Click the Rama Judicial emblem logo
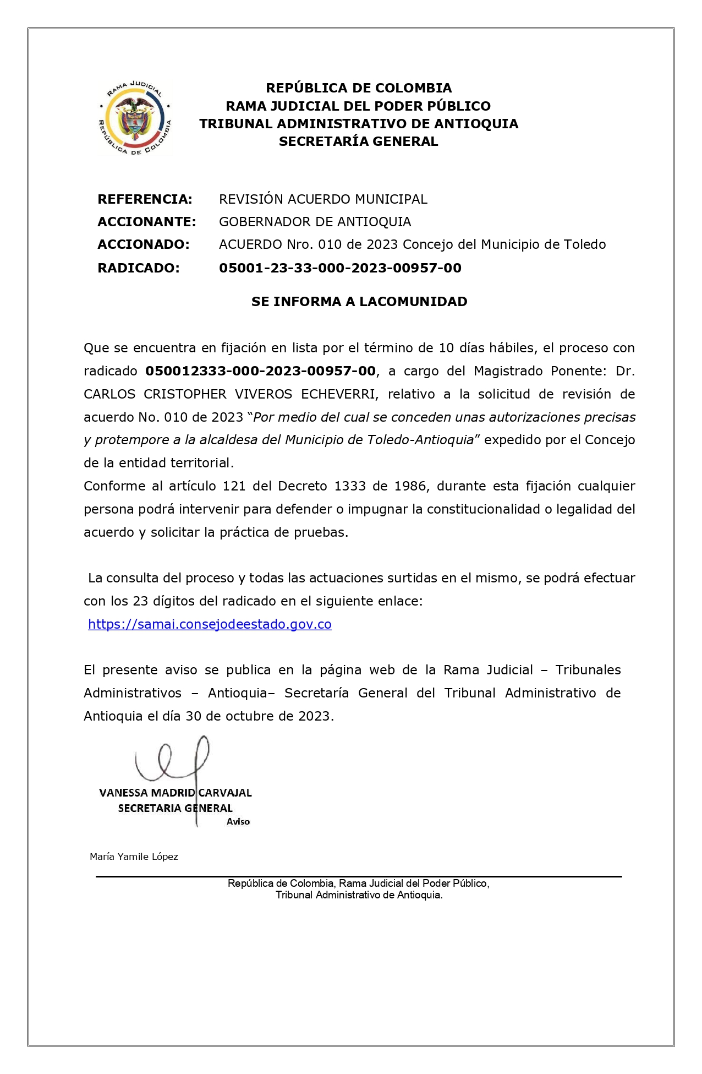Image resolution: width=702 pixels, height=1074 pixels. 134,118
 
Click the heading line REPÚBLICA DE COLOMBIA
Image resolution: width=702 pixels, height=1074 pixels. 359,88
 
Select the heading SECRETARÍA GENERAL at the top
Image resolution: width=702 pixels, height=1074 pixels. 358,141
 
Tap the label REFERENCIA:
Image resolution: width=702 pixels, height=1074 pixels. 145,199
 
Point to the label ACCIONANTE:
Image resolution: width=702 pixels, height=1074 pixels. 146,222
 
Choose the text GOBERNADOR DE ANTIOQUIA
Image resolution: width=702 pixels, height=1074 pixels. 315,222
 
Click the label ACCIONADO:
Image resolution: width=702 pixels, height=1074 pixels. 143,244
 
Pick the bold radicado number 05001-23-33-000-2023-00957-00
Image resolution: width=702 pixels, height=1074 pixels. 340,268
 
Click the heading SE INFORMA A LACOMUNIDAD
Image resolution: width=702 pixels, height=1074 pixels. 359,302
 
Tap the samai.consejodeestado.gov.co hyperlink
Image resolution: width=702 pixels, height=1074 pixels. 210,624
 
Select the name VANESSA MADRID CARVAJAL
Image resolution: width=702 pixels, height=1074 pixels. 175,793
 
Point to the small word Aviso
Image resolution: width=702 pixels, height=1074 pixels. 238,822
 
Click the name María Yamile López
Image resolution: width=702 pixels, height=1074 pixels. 134,857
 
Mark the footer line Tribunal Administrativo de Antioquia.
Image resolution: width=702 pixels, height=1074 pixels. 359,895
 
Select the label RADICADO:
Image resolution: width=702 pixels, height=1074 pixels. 138,268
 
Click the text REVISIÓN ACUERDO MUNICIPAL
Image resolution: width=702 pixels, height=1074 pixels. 323,199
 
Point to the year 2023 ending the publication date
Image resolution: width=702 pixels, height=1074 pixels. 314,716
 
